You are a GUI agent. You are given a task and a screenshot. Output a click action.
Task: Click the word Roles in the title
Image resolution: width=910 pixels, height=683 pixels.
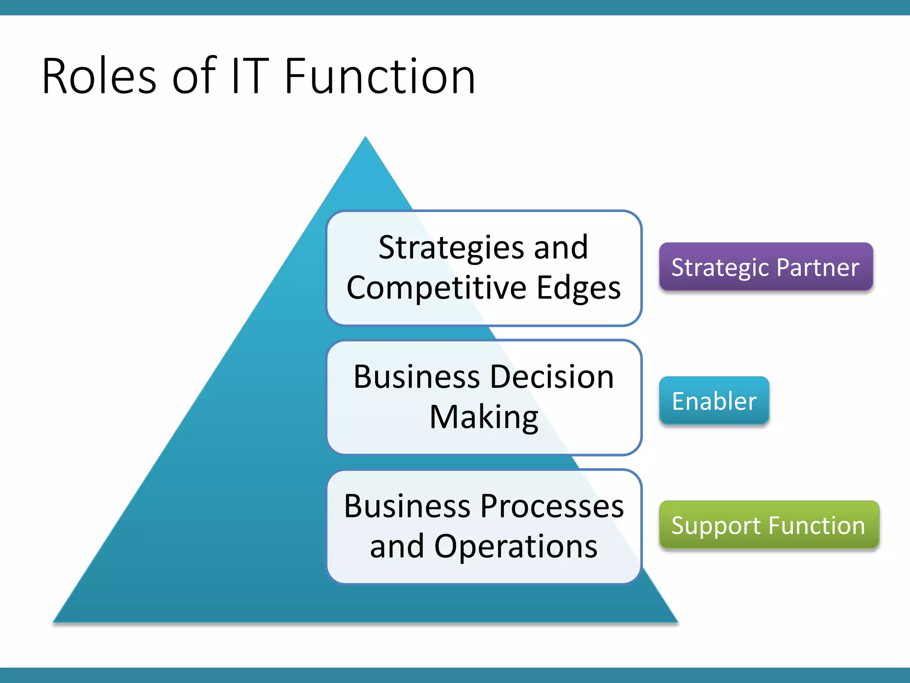99,76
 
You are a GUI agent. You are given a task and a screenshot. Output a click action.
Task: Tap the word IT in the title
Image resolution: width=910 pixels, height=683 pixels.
250,76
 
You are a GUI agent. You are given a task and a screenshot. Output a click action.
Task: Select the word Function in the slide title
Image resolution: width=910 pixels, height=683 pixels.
380,76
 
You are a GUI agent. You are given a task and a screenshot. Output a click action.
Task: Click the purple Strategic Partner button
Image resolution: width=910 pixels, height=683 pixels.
766,267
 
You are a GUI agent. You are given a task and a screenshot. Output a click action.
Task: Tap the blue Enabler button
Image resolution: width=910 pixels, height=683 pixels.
714,401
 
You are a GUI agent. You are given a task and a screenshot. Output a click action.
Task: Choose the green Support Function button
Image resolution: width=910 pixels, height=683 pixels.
769,525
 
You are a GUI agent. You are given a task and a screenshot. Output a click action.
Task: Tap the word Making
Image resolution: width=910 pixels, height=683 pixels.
484,418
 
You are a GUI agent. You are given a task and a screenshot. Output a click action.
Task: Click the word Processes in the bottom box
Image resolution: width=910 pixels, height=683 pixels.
552,506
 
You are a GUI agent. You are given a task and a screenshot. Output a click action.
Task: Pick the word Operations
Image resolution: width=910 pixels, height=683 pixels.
515,546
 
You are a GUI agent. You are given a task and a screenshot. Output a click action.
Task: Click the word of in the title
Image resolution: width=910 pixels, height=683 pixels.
194,76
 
